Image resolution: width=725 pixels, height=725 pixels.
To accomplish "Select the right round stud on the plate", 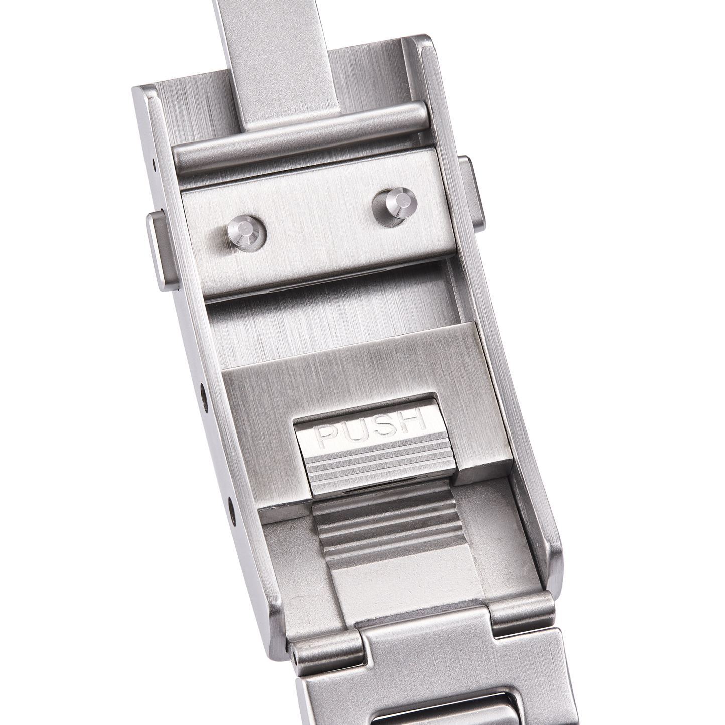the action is pyautogui.click(x=394, y=203).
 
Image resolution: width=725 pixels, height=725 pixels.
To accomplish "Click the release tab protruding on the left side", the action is pyautogui.click(x=162, y=252).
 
